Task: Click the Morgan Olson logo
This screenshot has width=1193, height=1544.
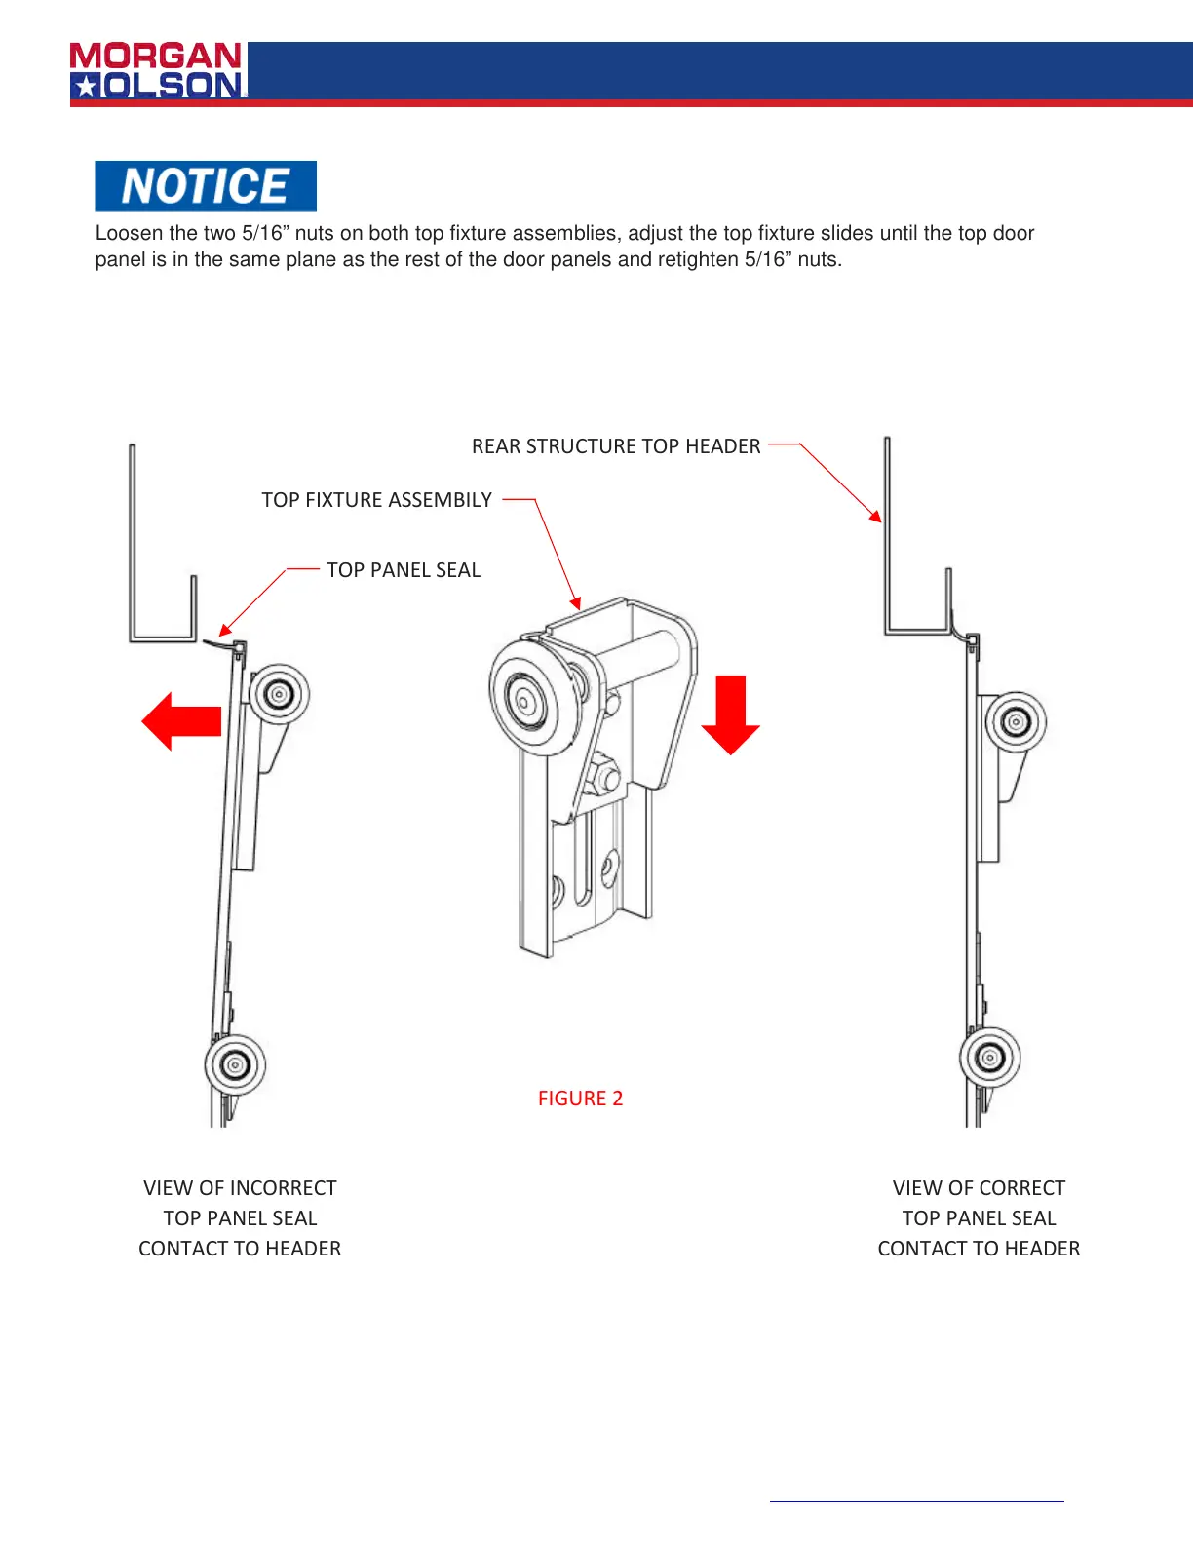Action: (x=157, y=70)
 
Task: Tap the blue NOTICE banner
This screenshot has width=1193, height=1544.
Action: (x=206, y=186)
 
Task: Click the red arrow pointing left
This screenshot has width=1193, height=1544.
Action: (x=181, y=721)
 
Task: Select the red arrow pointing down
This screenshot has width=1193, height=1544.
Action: (x=730, y=714)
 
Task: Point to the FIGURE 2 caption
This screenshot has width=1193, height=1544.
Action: (x=580, y=1099)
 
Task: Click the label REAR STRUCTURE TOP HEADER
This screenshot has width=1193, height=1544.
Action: (x=616, y=446)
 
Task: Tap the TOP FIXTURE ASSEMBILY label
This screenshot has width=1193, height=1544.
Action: (x=377, y=500)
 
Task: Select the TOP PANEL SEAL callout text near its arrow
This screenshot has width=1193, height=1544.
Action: (x=404, y=570)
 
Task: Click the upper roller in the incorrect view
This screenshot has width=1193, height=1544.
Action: (x=280, y=695)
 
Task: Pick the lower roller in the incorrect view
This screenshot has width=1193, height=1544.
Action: (x=235, y=1064)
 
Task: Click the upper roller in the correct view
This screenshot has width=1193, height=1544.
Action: (x=1016, y=722)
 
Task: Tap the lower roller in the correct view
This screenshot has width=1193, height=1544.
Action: (x=990, y=1058)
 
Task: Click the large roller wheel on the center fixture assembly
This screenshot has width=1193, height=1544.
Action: (x=526, y=698)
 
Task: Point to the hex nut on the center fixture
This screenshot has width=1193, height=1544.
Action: (x=605, y=777)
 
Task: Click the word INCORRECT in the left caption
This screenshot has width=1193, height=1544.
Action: (x=283, y=1188)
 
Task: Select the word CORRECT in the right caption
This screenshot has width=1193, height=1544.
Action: (x=1022, y=1188)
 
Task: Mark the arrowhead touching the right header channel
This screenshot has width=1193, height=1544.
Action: (x=876, y=516)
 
